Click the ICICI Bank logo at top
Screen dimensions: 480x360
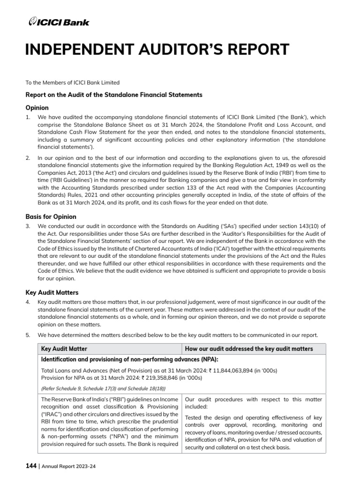tap(59, 22)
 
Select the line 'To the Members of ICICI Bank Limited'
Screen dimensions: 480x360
tap(72, 83)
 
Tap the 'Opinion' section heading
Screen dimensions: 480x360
tap(37, 107)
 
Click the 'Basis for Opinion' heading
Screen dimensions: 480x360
tap(51, 217)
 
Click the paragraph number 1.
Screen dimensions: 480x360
tap(28, 117)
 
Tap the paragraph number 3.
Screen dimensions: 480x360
tap(28, 226)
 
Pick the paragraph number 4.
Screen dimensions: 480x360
tap(28, 301)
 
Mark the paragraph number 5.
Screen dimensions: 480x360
tap(28, 335)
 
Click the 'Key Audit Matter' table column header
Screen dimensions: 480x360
tap(64, 349)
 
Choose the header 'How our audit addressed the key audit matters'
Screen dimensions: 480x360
tap(249, 349)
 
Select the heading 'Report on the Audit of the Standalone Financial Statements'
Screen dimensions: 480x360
tap(114, 95)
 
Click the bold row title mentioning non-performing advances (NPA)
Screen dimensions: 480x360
tap(129, 360)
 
